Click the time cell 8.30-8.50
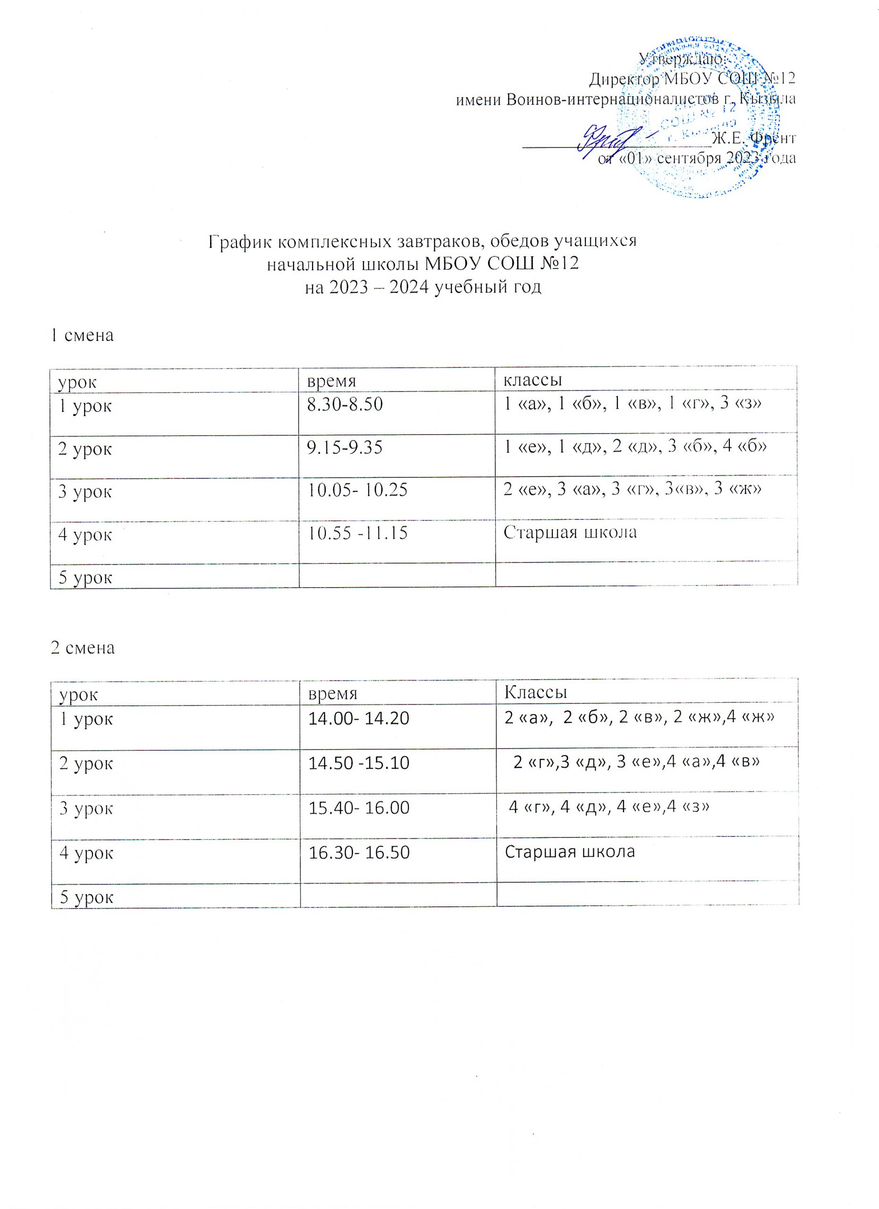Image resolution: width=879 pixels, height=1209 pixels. point(345,405)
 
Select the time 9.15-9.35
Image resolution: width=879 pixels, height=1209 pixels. point(344,447)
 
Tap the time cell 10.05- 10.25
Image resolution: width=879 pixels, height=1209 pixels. point(357,490)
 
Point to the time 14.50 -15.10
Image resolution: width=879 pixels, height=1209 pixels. point(358,763)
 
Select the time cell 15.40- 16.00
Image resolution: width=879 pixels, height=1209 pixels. point(358,808)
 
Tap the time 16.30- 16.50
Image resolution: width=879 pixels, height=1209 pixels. point(358,852)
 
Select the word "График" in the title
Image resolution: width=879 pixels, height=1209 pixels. point(240,241)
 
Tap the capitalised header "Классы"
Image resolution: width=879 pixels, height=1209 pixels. point(535,692)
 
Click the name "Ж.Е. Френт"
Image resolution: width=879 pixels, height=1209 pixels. point(753,138)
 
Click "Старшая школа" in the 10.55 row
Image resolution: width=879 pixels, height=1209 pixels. point(570,531)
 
